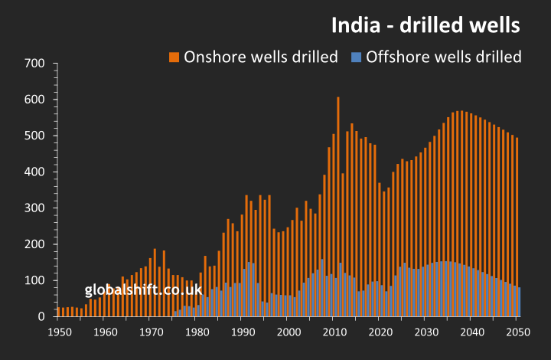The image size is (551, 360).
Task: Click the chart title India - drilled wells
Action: [x=425, y=25]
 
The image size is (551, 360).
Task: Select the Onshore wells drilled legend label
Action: [x=261, y=57]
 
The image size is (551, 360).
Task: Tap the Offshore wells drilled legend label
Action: [x=444, y=57]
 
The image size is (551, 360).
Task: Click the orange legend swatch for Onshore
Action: [x=174, y=57]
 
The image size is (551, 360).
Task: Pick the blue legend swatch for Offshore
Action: [x=356, y=57]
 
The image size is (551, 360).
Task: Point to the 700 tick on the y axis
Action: [x=35, y=63]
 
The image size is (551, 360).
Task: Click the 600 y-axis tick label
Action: [x=35, y=100]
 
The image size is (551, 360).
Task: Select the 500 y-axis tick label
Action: [x=35, y=136]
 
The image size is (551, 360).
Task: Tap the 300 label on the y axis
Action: [x=35, y=208]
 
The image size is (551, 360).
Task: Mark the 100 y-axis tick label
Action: [x=35, y=280]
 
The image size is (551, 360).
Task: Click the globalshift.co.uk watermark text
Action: [x=143, y=290]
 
